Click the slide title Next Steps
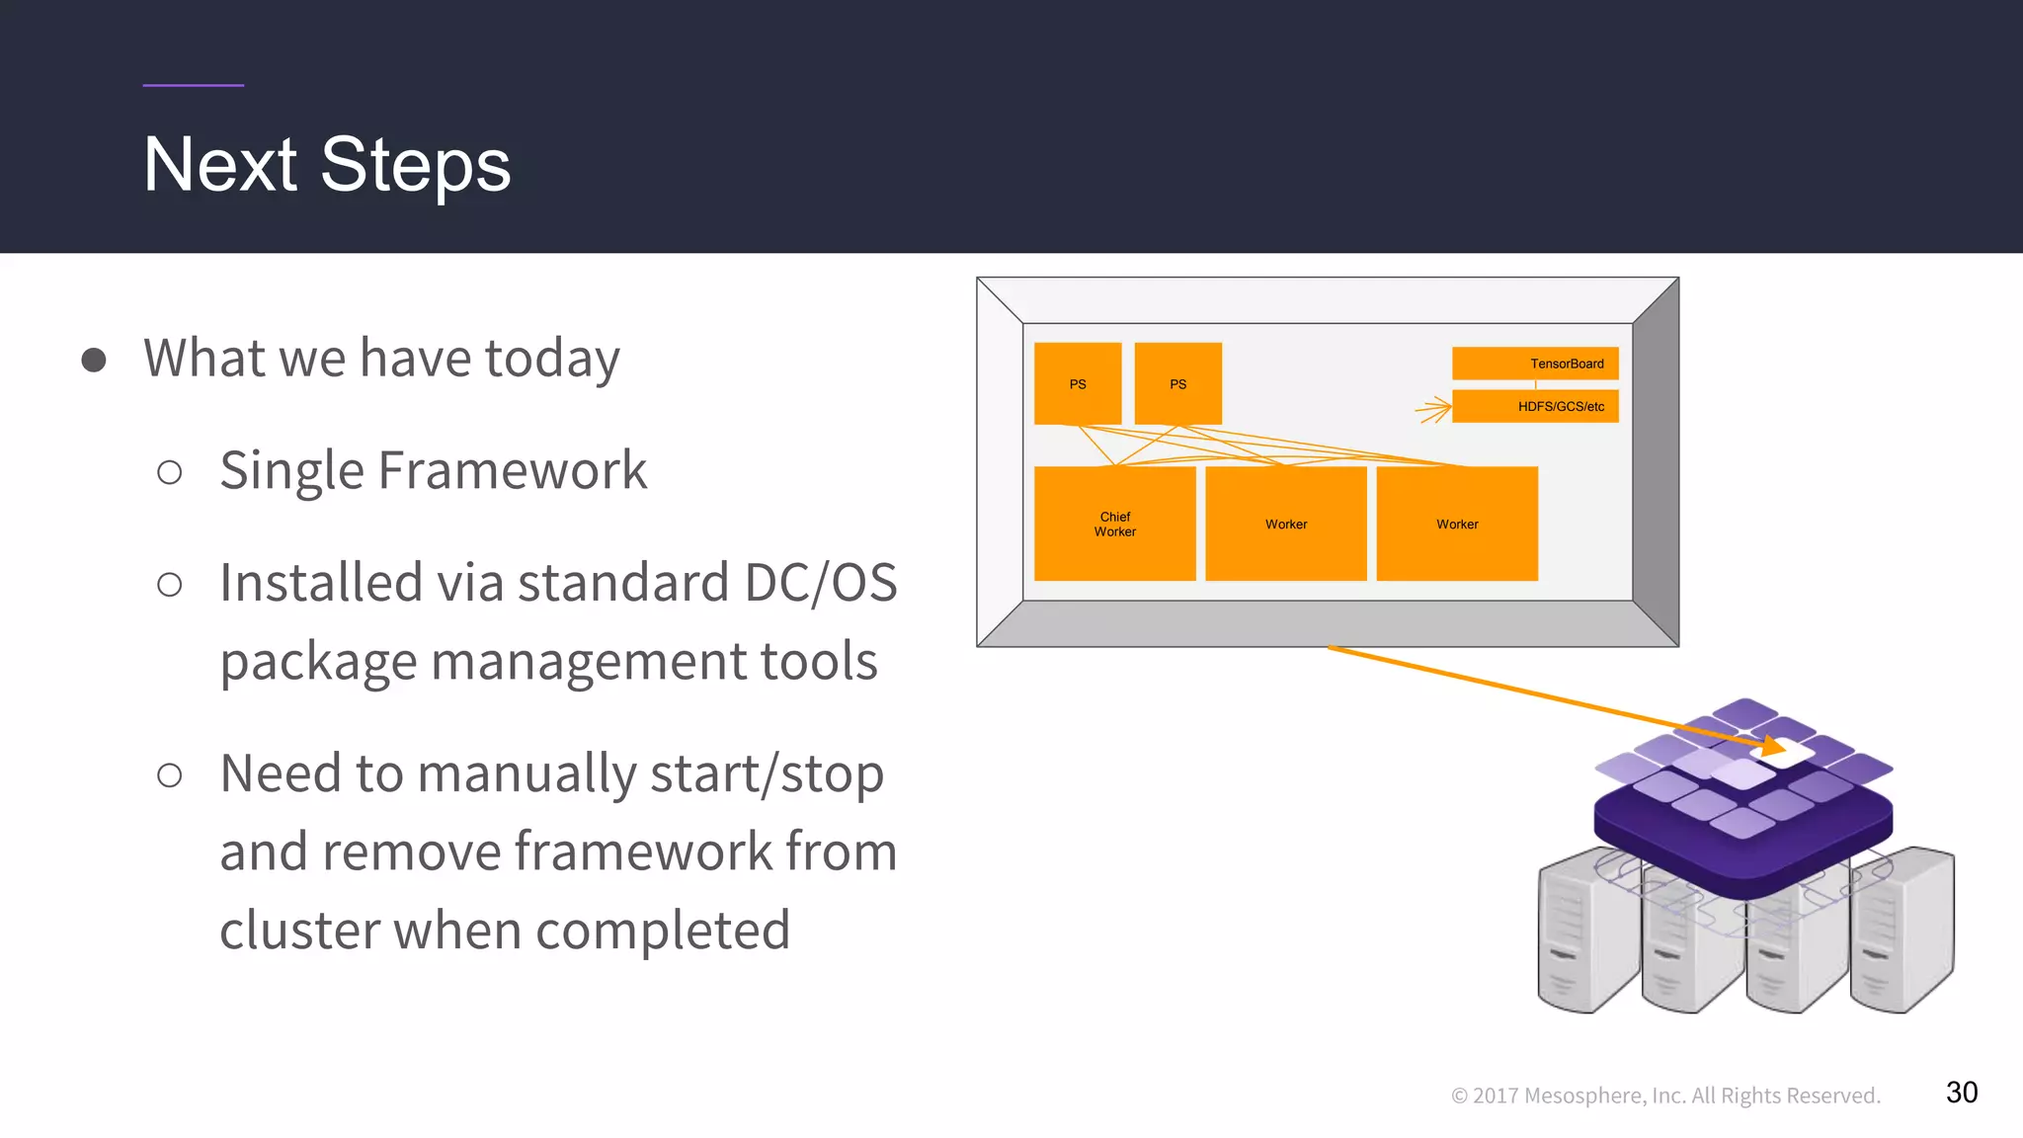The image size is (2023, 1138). pyautogui.click(x=327, y=165)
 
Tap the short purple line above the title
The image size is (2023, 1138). pyautogui.click(x=193, y=86)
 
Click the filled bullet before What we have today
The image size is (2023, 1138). pyautogui.click(x=94, y=360)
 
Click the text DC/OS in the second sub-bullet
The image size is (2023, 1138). pyautogui.click(x=820, y=583)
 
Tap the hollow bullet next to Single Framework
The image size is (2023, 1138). pyautogui.click(x=170, y=472)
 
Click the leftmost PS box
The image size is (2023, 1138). pyautogui.click(x=1078, y=383)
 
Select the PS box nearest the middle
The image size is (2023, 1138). pyautogui.click(x=1177, y=383)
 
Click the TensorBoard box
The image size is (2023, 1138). pyautogui.click(x=1535, y=364)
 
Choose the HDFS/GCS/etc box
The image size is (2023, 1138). pyautogui.click(x=1535, y=406)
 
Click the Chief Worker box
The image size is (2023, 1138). pyautogui.click(x=1114, y=524)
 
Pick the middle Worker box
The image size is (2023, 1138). pyautogui.click(x=1286, y=524)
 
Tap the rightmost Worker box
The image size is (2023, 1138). pyautogui.click(x=1457, y=524)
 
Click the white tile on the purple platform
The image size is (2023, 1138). pyautogui.click(x=1784, y=753)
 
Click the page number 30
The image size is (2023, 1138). pyautogui.click(x=1961, y=1093)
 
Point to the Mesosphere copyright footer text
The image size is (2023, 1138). pyautogui.click(x=1665, y=1096)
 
